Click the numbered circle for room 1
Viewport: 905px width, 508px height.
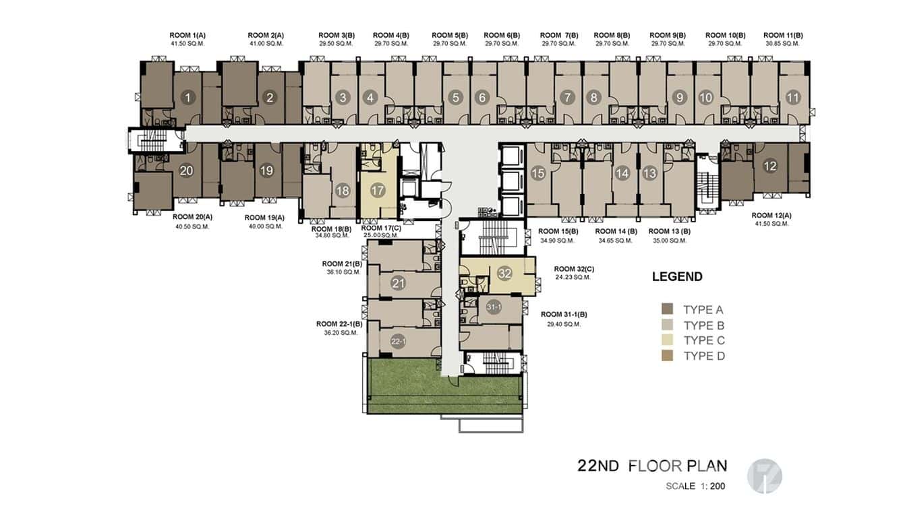[187, 98]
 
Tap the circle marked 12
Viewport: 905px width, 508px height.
[769, 166]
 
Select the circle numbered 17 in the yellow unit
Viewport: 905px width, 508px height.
[378, 191]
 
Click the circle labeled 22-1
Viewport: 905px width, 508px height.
[399, 342]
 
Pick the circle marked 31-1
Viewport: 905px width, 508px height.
[494, 307]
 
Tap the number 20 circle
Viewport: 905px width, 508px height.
[186, 171]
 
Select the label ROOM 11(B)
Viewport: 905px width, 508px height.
[782, 35]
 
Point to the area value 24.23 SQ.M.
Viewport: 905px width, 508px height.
[573, 277]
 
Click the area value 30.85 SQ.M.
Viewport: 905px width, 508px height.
[782, 44]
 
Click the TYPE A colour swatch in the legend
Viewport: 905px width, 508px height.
[668, 310]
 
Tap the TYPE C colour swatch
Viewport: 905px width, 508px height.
[668, 341]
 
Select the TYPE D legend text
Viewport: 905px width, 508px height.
[704, 356]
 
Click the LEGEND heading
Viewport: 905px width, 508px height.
[677, 276]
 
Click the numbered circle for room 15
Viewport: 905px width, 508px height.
[537, 173]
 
